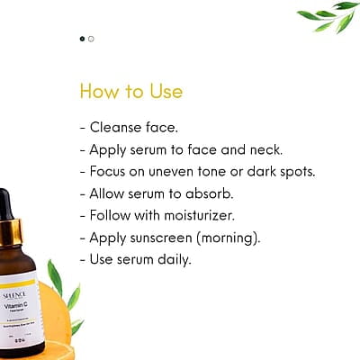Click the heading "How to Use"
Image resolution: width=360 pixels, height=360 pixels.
coord(130,92)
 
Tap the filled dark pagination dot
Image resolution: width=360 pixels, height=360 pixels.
coord(83,39)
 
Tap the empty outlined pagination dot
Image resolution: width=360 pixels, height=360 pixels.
coord(91,39)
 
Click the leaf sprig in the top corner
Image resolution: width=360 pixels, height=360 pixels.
coord(328,16)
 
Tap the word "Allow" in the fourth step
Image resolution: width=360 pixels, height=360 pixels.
coord(109,193)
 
